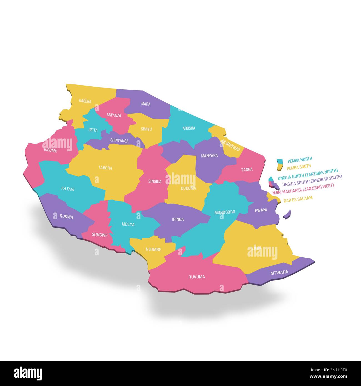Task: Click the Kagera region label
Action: coord(85,101)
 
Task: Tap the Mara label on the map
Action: coord(146,104)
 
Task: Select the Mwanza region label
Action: coord(114,115)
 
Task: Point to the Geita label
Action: coord(93,130)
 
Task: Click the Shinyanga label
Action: coord(119,141)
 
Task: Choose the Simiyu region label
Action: coord(146,129)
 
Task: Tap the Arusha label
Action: coord(189,128)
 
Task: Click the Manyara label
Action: coord(209,156)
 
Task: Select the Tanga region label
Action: coord(247,169)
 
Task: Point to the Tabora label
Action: coord(105,168)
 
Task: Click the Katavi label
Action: coord(68,189)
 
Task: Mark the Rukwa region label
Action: coord(66,217)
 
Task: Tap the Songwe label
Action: coord(100,235)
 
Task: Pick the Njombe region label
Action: coord(153,249)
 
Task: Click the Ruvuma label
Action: coord(197,277)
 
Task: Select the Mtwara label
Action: coord(279,272)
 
